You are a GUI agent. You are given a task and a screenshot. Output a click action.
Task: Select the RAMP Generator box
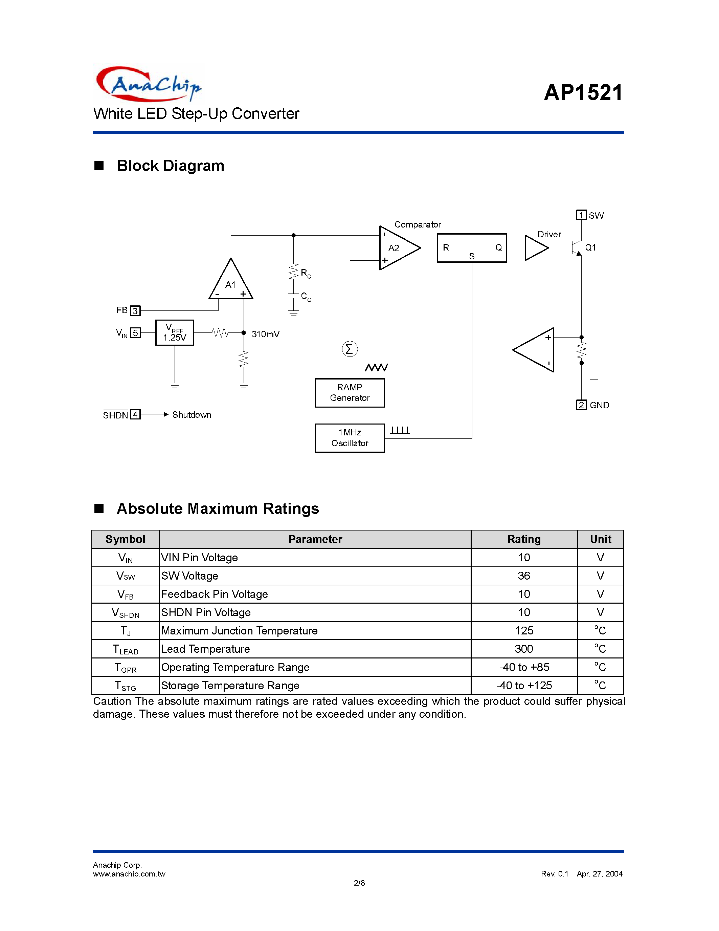point(350,393)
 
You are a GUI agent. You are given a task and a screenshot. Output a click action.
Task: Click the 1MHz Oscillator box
point(350,438)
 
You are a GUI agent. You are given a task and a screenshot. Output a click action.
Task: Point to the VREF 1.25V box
point(175,332)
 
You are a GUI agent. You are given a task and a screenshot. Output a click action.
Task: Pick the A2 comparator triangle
point(400,248)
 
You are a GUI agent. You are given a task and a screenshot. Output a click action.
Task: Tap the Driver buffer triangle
point(537,248)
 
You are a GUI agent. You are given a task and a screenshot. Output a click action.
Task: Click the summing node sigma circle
point(350,350)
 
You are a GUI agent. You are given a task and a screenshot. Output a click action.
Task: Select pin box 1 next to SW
point(581,215)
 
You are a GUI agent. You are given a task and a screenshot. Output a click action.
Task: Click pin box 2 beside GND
point(581,405)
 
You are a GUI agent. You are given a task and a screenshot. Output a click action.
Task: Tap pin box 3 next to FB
point(135,310)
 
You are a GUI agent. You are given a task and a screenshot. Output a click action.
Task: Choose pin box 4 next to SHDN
point(135,414)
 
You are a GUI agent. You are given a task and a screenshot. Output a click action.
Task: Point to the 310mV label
point(265,334)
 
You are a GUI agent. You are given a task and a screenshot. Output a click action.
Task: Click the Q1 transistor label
point(590,248)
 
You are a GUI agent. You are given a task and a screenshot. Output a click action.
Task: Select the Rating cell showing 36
point(524,576)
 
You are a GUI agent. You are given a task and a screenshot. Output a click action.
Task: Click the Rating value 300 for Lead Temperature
point(524,649)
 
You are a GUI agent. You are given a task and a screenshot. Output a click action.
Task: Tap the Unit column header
point(601,539)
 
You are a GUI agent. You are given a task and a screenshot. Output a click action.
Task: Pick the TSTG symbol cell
point(126,686)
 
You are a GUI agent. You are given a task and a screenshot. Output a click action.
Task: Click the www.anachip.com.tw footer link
point(129,873)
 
